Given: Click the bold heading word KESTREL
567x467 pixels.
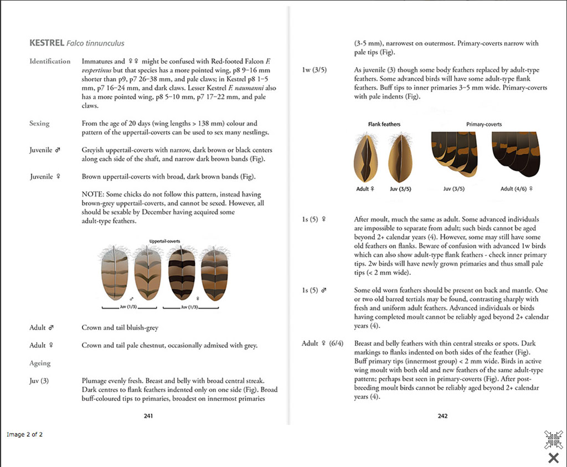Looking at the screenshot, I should point(46,43).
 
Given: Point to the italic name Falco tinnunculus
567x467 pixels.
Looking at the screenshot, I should point(95,43).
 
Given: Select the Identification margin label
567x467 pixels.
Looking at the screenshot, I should point(50,61).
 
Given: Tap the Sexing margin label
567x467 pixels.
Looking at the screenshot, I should point(39,124).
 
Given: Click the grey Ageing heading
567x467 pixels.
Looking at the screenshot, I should point(40,363).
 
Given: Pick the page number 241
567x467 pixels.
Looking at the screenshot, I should point(148,415).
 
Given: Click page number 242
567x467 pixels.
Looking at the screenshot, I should point(442,415).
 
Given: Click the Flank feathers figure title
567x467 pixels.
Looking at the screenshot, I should point(384,124).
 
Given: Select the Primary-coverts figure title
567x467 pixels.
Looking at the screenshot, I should point(484,124).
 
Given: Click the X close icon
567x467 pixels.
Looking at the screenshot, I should point(553,458).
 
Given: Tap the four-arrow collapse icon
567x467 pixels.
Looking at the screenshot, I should point(553,439).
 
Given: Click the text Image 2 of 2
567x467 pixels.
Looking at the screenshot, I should point(24,434).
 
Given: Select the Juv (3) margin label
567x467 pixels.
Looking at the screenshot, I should point(39,381).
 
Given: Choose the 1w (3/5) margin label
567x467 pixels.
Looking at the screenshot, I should point(314,70).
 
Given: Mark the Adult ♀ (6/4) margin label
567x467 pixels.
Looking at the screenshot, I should point(322,343).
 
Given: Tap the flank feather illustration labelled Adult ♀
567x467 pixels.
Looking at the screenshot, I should point(365,157).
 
